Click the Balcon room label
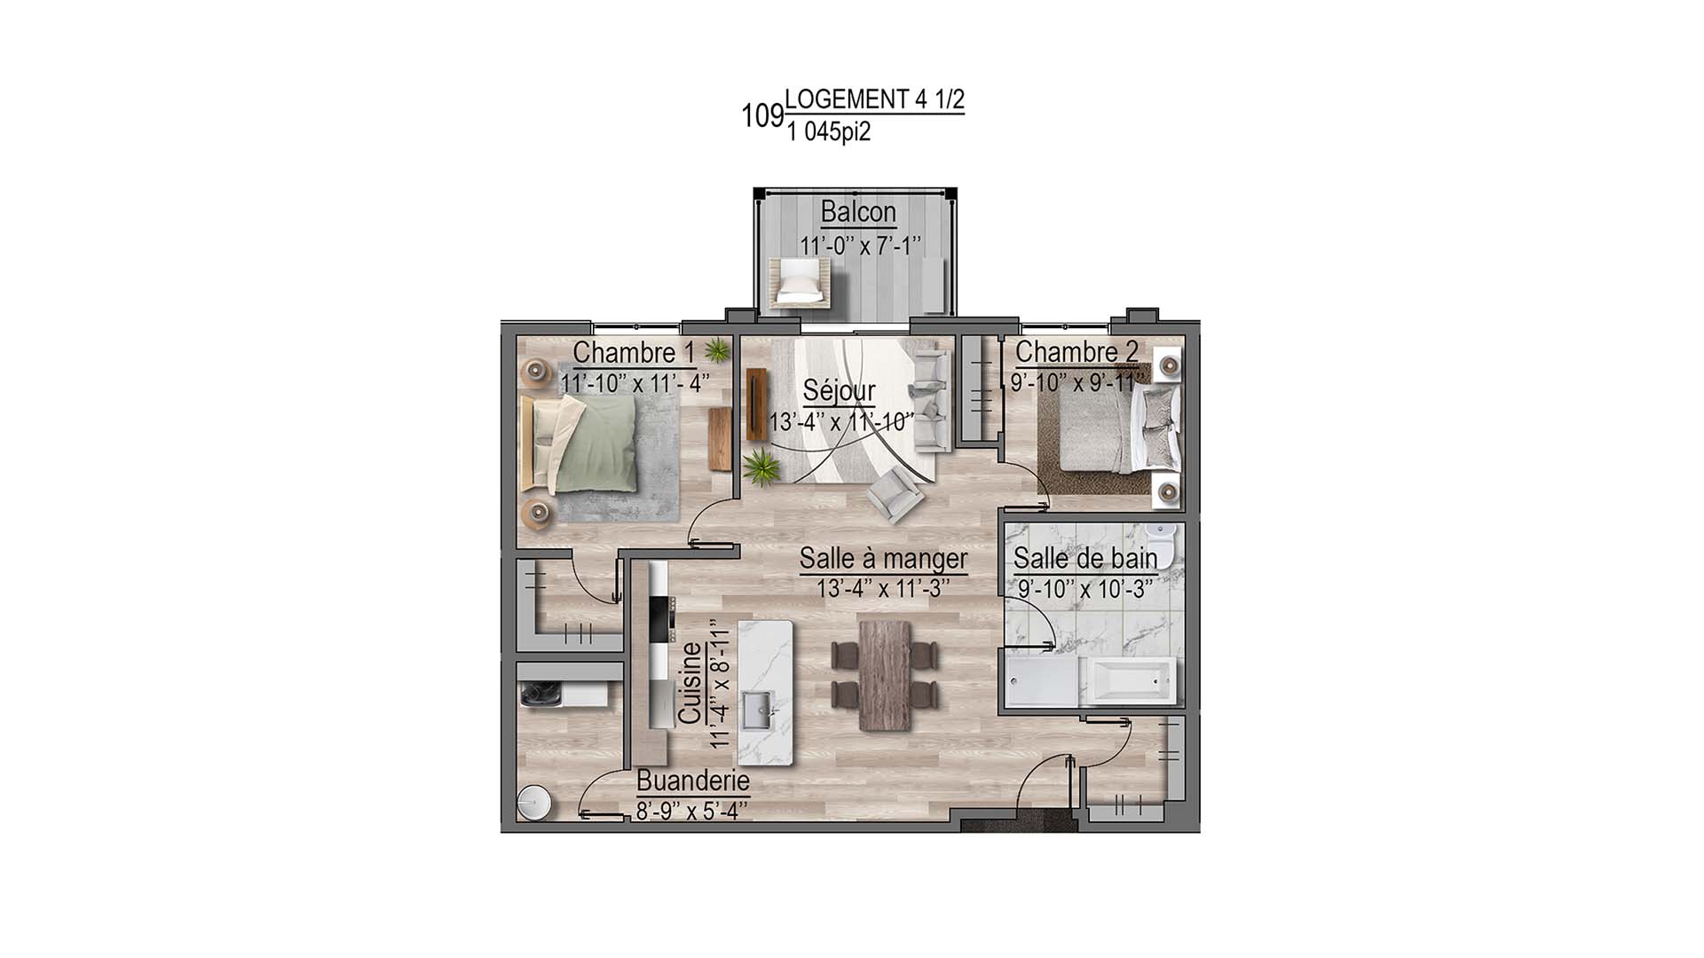point(857,213)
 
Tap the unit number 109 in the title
point(762,116)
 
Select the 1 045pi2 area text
point(828,132)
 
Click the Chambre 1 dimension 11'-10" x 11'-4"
point(635,383)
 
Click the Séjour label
point(839,391)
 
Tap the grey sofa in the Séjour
point(932,399)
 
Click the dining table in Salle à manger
point(885,675)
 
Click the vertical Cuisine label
point(690,683)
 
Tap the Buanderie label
point(693,781)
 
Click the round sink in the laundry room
point(534,803)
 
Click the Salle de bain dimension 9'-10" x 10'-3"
point(1085,588)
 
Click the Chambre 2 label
point(1076,352)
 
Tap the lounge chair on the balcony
point(801,283)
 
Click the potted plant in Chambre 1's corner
point(717,351)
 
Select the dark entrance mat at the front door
point(1019,823)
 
